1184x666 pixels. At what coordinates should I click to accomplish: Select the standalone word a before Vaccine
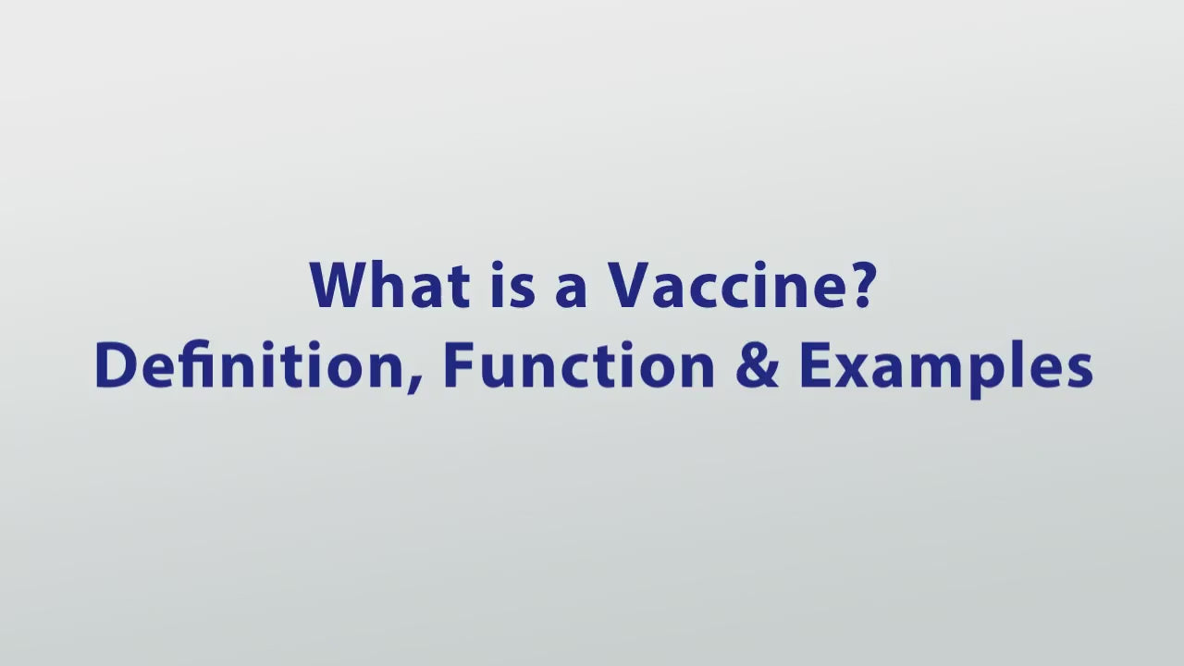click(x=572, y=290)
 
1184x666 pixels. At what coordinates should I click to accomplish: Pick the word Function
click(x=579, y=364)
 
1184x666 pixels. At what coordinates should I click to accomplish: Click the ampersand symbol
click(x=758, y=364)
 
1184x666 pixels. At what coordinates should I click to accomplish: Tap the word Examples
click(x=945, y=366)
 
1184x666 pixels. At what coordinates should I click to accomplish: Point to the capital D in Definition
click(x=114, y=364)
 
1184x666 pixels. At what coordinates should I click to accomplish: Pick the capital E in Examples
click(x=814, y=364)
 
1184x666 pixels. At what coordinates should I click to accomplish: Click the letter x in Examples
click(x=850, y=369)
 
